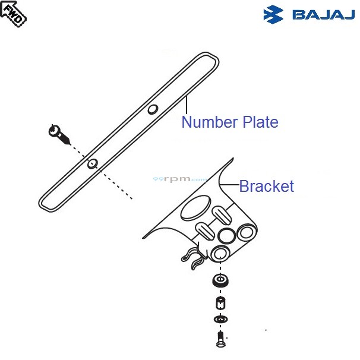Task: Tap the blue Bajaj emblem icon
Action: click(x=274, y=13)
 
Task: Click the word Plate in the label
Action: click(x=259, y=122)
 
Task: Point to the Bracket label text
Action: click(x=266, y=186)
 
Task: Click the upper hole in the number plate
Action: click(x=153, y=109)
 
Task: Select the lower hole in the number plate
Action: click(x=91, y=164)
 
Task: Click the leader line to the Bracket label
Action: click(x=229, y=187)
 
